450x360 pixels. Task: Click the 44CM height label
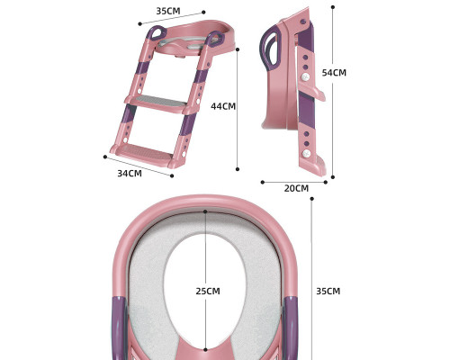click(223, 106)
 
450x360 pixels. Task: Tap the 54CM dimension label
click(334, 73)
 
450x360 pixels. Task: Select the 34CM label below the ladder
click(130, 173)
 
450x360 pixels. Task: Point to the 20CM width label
click(295, 188)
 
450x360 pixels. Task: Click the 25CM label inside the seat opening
click(207, 292)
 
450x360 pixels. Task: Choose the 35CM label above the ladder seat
click(168, 12)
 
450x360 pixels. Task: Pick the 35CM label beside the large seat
click(328, 292)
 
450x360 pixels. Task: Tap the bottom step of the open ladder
click(149, 150)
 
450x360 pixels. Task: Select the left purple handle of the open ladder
click(157, 33)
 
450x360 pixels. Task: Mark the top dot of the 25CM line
click(205, 212)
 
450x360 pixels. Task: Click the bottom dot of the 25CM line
click(205, 349)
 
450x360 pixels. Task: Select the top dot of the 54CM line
click(333, 7)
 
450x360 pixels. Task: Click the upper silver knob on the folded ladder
click(306, 79)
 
